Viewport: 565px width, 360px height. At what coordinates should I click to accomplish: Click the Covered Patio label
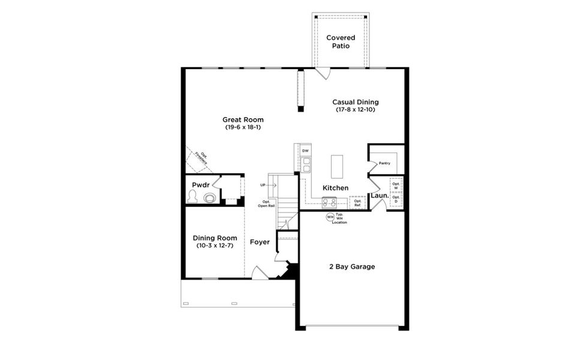(x=340, y=42)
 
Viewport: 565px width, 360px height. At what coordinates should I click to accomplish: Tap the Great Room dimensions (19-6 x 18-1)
(x=243, y=127)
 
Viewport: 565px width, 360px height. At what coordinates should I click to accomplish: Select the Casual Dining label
(x=355, y=102)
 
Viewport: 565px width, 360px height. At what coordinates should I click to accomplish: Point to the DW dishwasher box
(x=305, y=151)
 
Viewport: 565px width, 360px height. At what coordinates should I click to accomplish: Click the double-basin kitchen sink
(x=306, y=164)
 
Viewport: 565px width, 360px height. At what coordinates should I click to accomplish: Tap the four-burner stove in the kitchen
(x=329, y=202)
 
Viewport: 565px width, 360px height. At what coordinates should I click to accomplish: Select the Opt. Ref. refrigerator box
(x=357, y=203)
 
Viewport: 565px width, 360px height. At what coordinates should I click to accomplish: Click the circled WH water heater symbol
(x=329, y=217)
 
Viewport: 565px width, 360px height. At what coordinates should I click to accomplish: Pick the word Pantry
(x=384, y=163)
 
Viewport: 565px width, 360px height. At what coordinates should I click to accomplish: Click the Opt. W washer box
(x=396, y=186)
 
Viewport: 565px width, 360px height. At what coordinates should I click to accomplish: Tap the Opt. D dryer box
(x=396, y=199)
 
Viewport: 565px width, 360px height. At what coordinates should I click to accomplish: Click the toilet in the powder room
(x=193, y=196)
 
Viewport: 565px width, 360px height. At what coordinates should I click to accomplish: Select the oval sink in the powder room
(x=209, y=197)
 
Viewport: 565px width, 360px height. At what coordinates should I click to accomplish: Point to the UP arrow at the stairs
(x=268, y=185)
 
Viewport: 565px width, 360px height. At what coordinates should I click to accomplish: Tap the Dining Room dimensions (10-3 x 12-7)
(x=214, y=245)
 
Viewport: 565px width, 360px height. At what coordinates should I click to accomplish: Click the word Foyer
(x=260, y=242)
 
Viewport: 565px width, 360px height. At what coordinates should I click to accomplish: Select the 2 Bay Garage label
(x=351, y=266)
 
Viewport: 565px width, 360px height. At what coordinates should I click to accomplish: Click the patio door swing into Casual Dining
(x=323, y=74)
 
